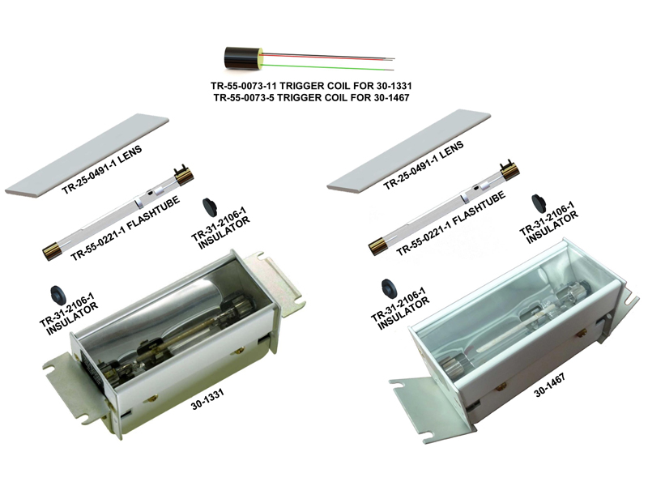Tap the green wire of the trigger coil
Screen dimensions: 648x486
pos(327,66)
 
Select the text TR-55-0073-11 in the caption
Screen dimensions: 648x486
pos(244,86)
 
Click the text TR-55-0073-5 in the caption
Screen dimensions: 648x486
pos(243,98)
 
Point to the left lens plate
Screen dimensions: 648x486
pos(87,156)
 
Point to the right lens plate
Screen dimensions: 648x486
pos(409,151)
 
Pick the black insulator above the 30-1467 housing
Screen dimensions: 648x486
pos(539,202)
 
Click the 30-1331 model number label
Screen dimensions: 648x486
pos(207,399)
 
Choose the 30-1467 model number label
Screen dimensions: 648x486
pos(550,386)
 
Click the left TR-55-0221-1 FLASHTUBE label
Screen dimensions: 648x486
pos(126,228)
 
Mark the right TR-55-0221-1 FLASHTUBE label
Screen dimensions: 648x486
pos(451,224)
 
